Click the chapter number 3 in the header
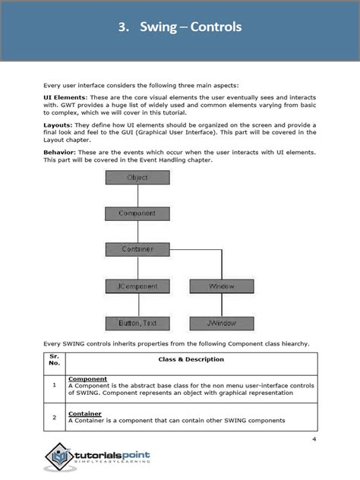122,27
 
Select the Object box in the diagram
137,178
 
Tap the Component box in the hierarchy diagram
137,213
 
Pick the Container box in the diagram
137,249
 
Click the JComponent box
137,286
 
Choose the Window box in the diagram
222,286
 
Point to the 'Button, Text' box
137,323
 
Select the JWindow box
222,323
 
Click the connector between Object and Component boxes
137,196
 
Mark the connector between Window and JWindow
222,305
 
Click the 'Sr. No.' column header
54,358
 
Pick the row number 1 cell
54,385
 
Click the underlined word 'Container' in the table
85,414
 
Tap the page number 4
314,440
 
